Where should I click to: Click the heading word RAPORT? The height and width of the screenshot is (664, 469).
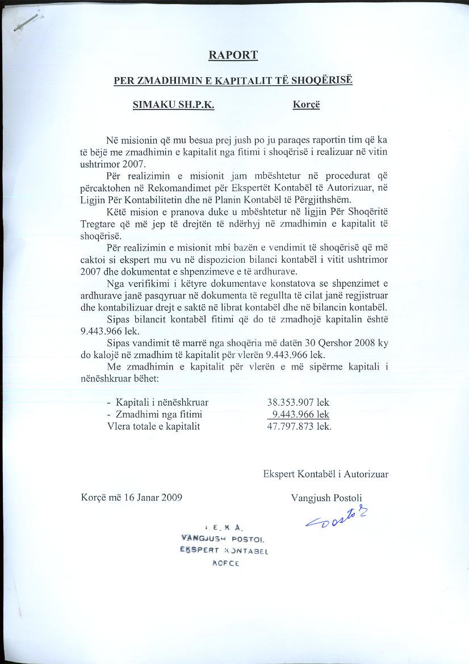point(233,55)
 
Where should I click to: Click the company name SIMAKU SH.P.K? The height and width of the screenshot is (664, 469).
point(173,105)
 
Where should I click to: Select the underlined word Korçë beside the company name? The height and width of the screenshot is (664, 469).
point(307,105)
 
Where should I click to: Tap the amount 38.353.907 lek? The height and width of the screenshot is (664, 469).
point(298,402)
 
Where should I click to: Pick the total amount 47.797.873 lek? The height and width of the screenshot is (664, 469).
point(299,426)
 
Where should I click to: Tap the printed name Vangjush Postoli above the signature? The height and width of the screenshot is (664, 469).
point(326,498)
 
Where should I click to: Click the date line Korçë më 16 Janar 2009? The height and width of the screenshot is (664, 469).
point(132,498)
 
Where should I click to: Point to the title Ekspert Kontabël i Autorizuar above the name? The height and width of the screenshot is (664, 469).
point(326,474)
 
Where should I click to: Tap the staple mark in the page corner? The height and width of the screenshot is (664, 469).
point(26,22)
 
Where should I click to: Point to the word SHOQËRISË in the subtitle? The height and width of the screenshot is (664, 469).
point(323,80)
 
